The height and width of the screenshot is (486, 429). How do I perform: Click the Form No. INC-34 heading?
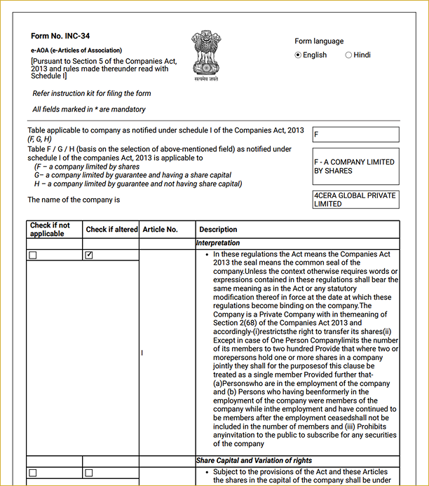pos(60,36)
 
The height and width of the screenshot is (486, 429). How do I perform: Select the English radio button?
pos(298,55)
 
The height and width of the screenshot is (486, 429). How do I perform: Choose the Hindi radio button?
pos(348,55)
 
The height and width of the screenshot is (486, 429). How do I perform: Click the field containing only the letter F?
pos(355,135)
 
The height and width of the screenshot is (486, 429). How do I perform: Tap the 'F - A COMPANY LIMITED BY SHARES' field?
pos(355,166)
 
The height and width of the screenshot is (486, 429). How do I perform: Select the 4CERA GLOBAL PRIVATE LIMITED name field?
pos(355,200)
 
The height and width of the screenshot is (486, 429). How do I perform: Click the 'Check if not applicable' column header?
pos(50,230)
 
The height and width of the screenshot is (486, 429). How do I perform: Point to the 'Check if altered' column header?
pos(111,230)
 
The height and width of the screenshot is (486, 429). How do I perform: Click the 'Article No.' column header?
pos(160,230)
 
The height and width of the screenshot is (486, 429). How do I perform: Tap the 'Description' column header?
pos(218,230)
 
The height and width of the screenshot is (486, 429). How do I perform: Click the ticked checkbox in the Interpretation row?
pos(89,256)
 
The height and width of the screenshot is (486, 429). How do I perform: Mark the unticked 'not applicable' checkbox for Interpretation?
pos(33,256)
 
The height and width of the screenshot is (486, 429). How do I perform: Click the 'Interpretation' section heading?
pos(218,243)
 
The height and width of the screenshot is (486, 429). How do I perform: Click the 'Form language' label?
pos(319,41)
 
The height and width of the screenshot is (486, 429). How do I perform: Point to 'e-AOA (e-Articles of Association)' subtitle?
pos(76,50)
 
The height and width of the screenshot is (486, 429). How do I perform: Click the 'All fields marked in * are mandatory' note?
pos(89,109)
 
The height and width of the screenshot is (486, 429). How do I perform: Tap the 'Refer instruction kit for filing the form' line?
pos(91,93)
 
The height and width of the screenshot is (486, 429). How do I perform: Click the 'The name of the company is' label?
pos(74,200)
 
